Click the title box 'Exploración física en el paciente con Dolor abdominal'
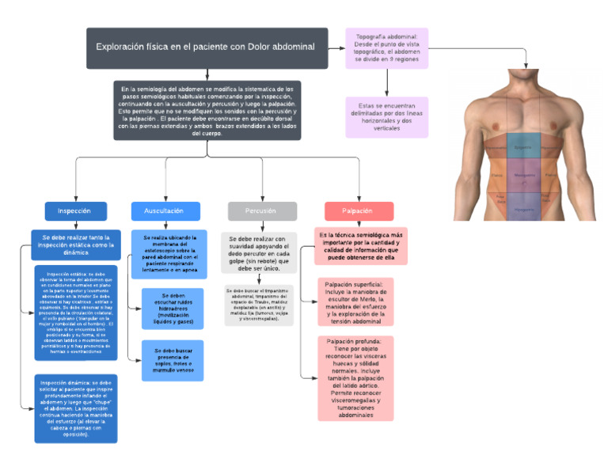click(206, 47)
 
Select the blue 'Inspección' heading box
click(75, 211)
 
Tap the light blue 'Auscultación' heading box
click(164, 211)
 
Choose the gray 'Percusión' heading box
click(262, 211)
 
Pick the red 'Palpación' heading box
click(359, 211)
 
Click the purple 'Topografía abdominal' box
click(387, 48)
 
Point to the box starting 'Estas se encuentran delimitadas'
click(387, 117)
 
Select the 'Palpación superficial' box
click(355, 301)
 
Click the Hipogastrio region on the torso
click(522, 207)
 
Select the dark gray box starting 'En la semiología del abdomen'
click(207, 111)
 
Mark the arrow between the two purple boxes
click(387, 82)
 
